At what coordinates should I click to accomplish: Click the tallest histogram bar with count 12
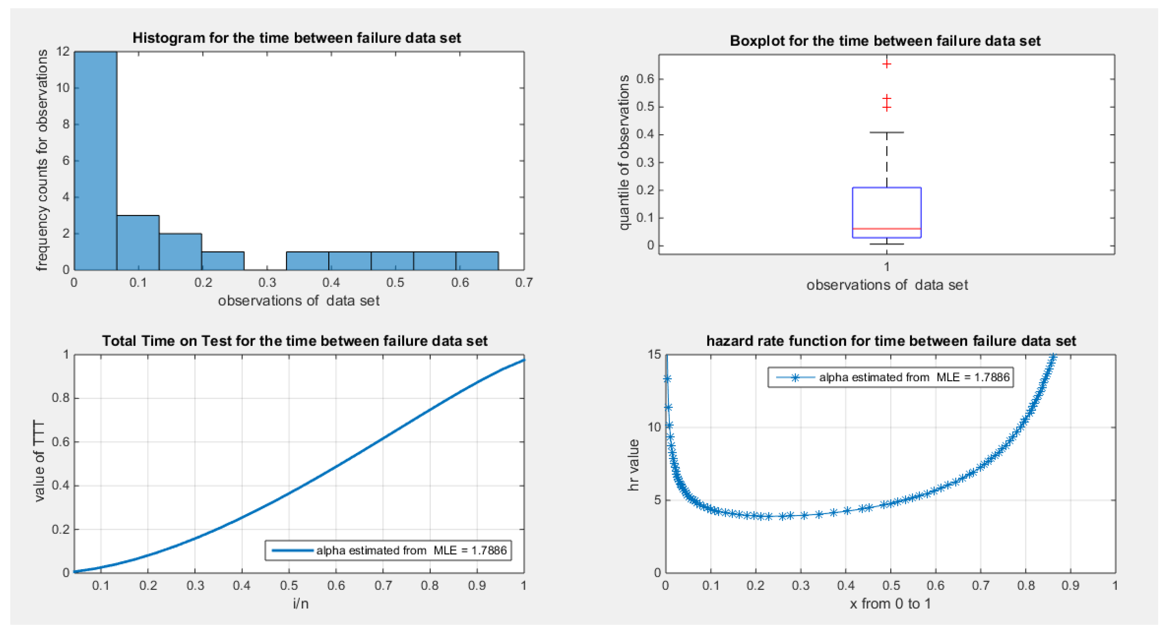(x=96, y=161)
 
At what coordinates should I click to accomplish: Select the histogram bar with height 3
(x=138, y=243)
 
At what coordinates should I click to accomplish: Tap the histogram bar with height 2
(x=180, y=252)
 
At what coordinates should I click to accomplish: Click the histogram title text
(x=297, y=38)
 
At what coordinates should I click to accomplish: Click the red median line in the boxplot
(x=887, y=228)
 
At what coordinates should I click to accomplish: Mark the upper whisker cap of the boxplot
(x=887, y=133)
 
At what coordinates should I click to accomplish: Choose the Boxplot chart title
(x=885, y=41)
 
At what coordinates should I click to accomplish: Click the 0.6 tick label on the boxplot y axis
(x=645, y=79)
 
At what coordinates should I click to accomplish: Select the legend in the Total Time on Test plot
(x=388, y=550)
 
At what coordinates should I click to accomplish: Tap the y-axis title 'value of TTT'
(x=40, y=461)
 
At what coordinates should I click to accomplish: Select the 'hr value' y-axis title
(x=634, y=465)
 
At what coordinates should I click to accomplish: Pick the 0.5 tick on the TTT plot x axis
(x=289, y=586)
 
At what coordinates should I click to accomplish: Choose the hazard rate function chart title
(x=891, y=341)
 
